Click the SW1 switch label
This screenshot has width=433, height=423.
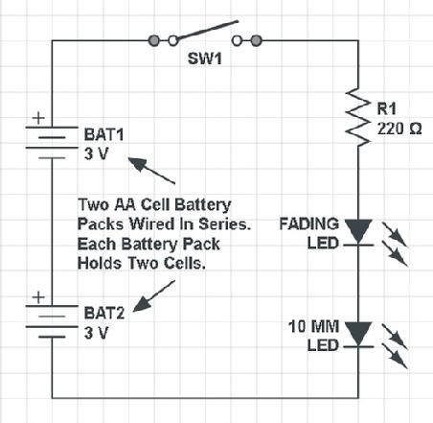(x=205, y=59)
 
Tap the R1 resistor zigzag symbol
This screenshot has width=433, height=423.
(x=357, y=117)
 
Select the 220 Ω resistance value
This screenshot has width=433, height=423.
(x=399, y=129)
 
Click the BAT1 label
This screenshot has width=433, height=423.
(x=103, y=134)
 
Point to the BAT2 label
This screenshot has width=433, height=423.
(x=104, y=313)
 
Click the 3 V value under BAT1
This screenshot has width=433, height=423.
(x=96, y=153)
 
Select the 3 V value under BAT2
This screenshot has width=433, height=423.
(x=96, y=333)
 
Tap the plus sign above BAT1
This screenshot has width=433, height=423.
(x=38, y=118)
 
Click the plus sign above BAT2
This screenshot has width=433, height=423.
(x=38, y=297)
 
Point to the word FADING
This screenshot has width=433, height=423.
(x=309, y=223)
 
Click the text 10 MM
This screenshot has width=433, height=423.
(x=313, y=326)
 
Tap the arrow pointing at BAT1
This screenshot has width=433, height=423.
(x=151, y=171)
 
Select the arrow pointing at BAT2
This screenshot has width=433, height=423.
(x=154, y=296)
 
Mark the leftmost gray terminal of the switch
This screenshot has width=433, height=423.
(x=153, y=40)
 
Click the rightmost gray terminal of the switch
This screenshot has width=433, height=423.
(x=256, y=40)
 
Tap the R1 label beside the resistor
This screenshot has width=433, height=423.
(x=386, y=108)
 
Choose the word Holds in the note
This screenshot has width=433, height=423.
(x=100, y=263)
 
